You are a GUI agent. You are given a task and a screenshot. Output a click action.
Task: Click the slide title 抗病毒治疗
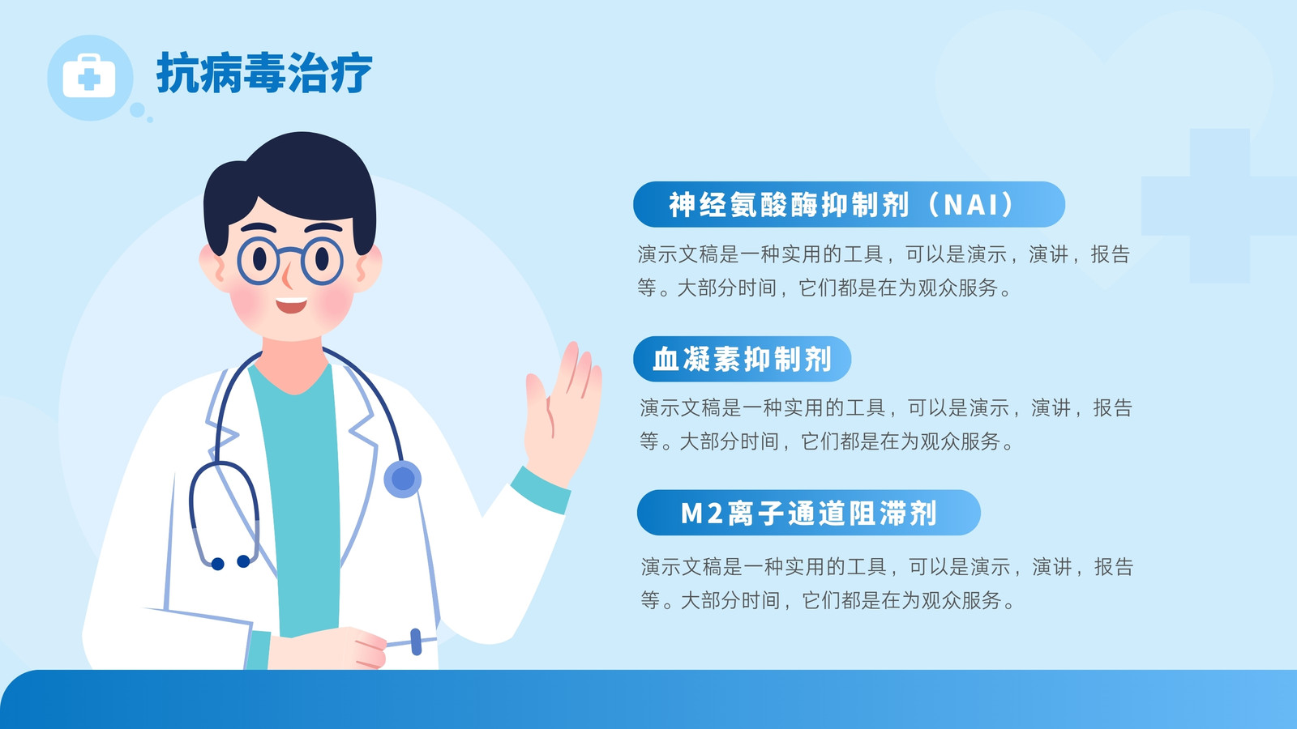[264, 73]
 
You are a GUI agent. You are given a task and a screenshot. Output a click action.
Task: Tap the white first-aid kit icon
[89, 76]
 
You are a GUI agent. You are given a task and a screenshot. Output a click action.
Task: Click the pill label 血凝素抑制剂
[743, 359]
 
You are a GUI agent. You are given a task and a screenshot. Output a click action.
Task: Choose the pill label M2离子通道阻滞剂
[808, 513]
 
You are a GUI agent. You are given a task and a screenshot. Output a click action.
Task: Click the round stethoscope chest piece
[403, 479]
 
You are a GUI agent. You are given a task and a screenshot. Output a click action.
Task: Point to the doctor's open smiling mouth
[291, 305]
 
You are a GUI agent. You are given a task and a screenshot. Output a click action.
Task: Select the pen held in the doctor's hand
[413, 642]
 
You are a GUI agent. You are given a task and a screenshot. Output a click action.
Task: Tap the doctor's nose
[287, 276]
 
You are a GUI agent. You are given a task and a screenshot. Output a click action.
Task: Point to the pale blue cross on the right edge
[1219, 206]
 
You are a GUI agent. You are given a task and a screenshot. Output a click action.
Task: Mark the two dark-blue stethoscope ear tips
[230, 562]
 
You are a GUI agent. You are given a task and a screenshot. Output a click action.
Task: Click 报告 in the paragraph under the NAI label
[1111, 254]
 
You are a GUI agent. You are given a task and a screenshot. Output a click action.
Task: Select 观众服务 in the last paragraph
[961, 600]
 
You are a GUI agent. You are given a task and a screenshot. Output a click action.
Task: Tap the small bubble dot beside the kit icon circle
[137, 110]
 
